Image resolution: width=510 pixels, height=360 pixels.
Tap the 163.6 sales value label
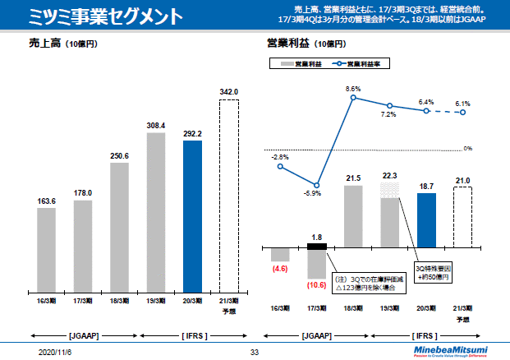coord(46,201)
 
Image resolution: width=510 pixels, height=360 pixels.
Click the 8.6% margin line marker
coord(353,98)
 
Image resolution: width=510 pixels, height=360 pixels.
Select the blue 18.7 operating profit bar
coord(426,219)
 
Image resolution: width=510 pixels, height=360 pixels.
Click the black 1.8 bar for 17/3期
coord(316,246)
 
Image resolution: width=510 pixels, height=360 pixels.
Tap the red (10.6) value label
coord(316,285)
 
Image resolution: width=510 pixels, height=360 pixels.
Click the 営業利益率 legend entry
coord(361,62)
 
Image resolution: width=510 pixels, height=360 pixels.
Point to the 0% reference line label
coord(467,149)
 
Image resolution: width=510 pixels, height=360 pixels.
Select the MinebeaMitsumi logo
coord(450,349)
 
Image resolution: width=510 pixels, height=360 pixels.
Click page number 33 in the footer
coord(255,351)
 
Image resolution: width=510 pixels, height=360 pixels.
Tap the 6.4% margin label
coord(426,102)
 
